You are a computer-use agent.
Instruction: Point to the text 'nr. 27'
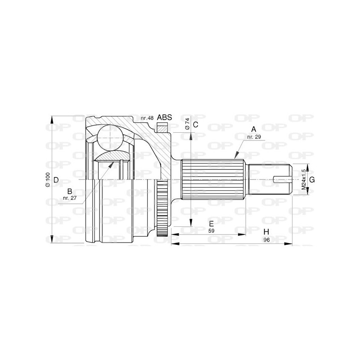(70, 198)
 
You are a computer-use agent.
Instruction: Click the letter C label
(195, 124)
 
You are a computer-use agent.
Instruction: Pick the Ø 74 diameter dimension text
(187, 124)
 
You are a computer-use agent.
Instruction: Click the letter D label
(56, 180)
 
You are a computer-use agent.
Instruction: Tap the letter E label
(211, 224)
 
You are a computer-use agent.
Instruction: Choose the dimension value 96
(266, 240)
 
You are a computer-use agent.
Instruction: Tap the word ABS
(165, 117)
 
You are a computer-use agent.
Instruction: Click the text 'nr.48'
(147, 118)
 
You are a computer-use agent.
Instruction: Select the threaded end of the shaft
(270, 180)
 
